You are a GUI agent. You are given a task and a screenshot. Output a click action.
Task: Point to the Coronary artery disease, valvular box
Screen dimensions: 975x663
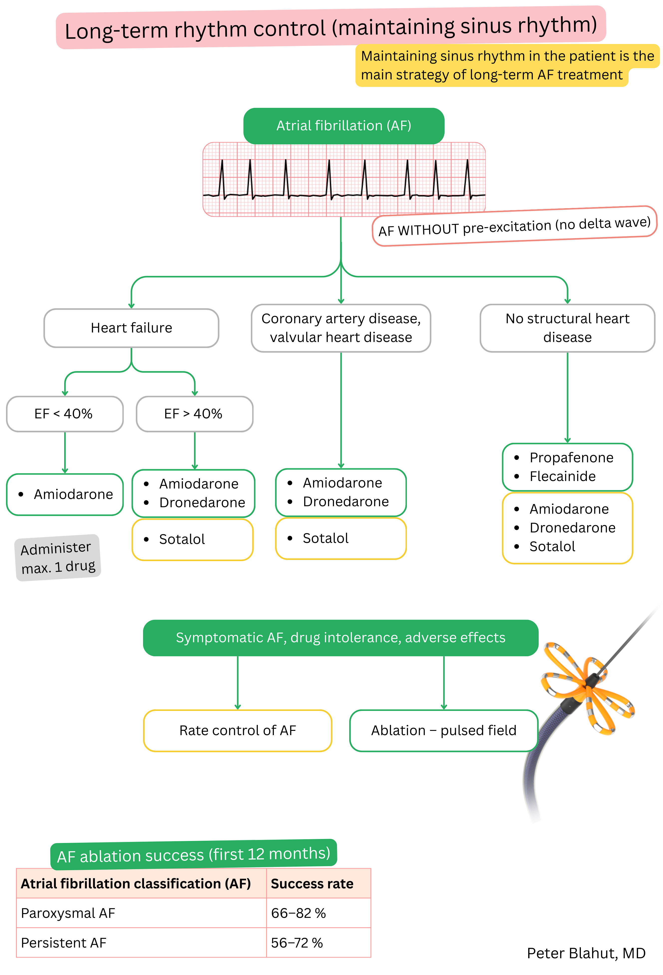pos(341,328)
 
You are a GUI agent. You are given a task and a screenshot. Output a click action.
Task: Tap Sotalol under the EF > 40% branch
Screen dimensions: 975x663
pos(182,539)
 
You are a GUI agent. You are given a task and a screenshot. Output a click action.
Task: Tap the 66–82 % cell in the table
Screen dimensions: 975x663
pos(298,913)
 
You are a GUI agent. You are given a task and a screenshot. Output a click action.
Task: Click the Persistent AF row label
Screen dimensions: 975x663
pos(63,943)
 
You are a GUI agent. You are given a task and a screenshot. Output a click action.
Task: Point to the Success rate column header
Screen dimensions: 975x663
pos(312,884)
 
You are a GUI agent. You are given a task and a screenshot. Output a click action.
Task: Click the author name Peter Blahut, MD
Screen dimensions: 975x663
pos(586,953)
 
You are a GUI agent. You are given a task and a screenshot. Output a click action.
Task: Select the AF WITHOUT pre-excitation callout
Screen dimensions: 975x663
pos(514,227)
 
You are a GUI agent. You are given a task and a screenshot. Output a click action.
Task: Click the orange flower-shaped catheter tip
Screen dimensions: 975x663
pos(587,688)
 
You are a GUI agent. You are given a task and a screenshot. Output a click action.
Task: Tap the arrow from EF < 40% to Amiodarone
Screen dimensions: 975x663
pos(65,452)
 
